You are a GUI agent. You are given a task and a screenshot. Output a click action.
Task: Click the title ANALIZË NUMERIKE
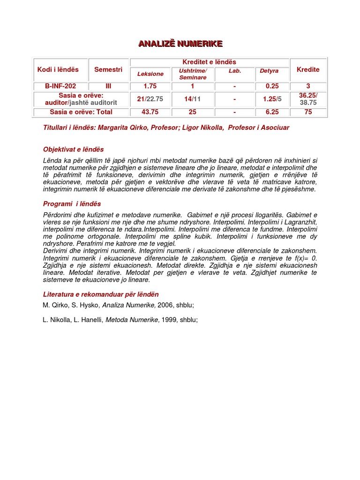180,44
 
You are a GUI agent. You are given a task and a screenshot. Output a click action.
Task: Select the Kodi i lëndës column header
58,69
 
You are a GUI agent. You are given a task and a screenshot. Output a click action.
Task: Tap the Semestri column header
108,69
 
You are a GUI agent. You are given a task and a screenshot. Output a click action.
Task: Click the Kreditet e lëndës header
209,62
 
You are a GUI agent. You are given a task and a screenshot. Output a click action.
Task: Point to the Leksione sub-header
150,74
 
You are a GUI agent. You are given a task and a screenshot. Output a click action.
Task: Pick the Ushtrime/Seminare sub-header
193,74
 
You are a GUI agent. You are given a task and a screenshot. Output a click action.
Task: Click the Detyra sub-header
269,71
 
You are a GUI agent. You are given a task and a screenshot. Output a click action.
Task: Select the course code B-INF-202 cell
60,86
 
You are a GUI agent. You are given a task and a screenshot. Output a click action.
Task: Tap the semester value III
108,86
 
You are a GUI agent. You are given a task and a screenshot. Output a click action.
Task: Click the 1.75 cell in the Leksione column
150,86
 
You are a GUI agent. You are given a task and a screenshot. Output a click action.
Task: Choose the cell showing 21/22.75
150,99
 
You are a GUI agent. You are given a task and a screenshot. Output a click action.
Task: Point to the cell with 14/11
192,99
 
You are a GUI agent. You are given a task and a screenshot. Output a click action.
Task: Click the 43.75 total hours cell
150,112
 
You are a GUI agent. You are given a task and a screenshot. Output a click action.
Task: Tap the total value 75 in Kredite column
308,112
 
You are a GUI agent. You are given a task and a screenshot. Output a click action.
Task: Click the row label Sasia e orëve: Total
81,112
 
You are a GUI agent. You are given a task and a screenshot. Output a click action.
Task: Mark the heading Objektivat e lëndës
73,150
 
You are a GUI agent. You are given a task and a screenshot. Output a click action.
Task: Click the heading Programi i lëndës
72,204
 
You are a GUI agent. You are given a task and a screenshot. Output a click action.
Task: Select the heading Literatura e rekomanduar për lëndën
101,294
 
